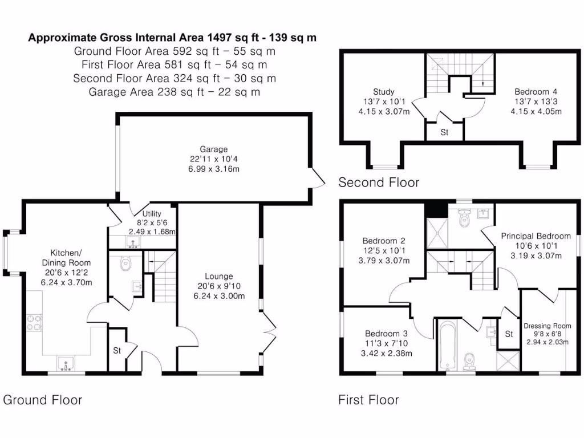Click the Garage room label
(x=213, y=149)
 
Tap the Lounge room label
(x=220, y=277)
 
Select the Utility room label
(x=152, y=214)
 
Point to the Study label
(x=383, y=92)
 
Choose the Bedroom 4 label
(x=536, y=92)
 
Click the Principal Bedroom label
(x=536, y=236)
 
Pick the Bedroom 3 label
(x=386, y=334)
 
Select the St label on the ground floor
(x=117, y=350)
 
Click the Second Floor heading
(x=378, y=182)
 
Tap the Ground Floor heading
(x=43, y=400)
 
